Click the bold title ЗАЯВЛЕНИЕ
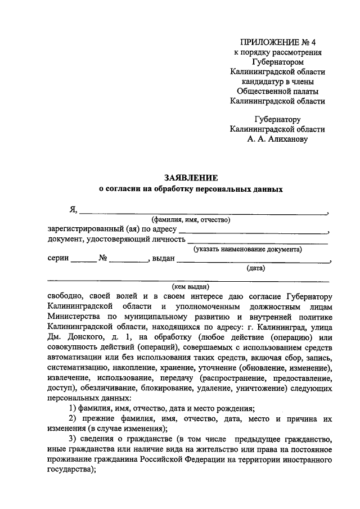click(x=190, y=178)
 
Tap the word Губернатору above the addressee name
click(x=277, y=119)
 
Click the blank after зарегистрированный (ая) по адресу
click(x=253, y=231)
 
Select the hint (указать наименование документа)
click(x=247, y=249)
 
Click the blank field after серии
click(x=84, y=260)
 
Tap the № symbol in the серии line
click(x=103, y=259)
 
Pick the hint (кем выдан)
click(x=190, y=287)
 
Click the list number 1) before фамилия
click(x=73, y=408)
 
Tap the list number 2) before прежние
click(x=73, y=419)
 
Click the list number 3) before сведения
click(x=73, y=439)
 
